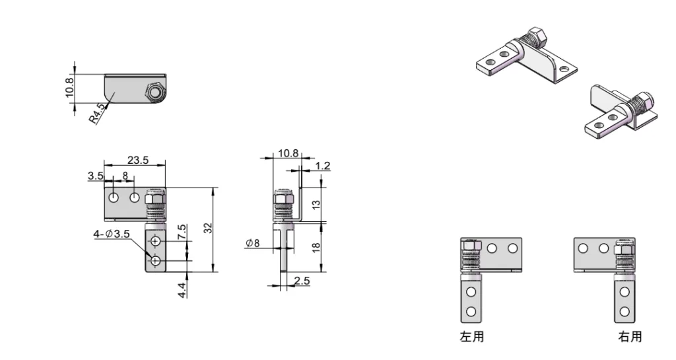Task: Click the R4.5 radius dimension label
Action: pyautogui.click(x=97, y=115)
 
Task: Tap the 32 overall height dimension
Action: pyautogui.click(x=208, y=228)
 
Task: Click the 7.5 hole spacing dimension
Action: pyautogui.click(x=182, y=232)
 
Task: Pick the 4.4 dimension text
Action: pyautogui.click(x=182, y=289)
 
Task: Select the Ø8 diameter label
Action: pyautogui.click(x=253, y=244)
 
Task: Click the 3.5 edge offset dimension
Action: pyautogui.click(x=94, y=176)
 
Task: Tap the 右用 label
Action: pyautogui.click(x=629, y=337)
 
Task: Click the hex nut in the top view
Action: pyautogui.click(x=154, y=93)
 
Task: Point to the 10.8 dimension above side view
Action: pyautogui.click(x=288, y=153)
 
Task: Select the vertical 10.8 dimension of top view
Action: pyautogui.click(x=71, y=86)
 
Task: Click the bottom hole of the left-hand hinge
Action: pyautogui.click(x=471, y=312)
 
